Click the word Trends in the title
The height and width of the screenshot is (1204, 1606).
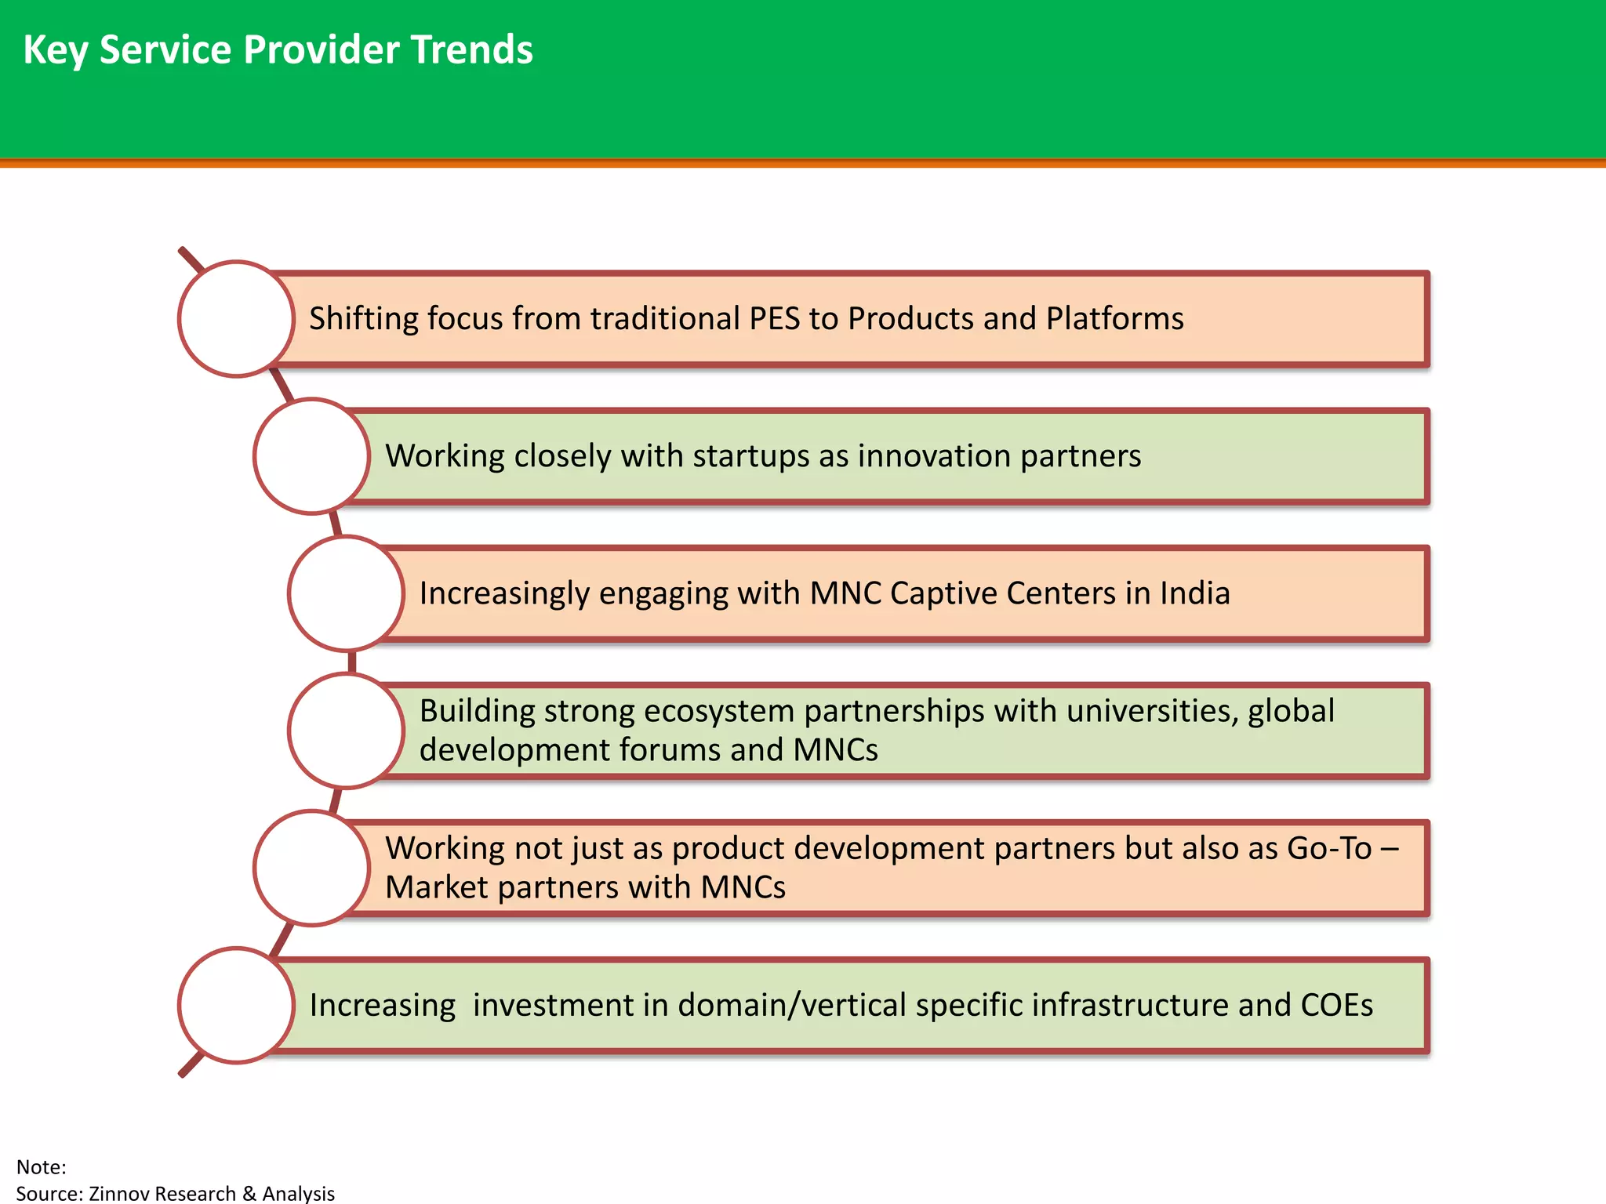coord(471,49)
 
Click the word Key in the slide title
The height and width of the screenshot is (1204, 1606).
coord(55,51)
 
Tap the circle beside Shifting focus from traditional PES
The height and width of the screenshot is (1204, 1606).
coord(236,319)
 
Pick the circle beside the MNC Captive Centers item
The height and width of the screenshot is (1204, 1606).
coord(346,593)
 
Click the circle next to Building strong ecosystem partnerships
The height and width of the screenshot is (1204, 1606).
coord(346,731)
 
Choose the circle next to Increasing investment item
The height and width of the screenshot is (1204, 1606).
coord(236,1005)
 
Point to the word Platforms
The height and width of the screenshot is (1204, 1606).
coord(1114,319)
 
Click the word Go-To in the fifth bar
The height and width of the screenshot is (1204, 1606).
coord(1328,848)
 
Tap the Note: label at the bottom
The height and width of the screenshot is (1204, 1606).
coord(41,1167)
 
